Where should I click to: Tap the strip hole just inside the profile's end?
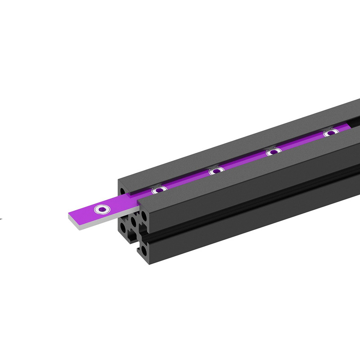click(x=159, y=190)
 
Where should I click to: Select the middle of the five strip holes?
click(x=216, y=171)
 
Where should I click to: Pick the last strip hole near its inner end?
click(x=331, y=133)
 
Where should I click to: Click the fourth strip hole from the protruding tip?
click(x=274, y=152)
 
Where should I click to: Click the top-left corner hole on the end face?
click(x=122, y=191)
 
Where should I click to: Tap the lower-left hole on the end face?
click(x=123, y=227)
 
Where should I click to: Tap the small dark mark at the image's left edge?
click(x=1, y=219)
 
